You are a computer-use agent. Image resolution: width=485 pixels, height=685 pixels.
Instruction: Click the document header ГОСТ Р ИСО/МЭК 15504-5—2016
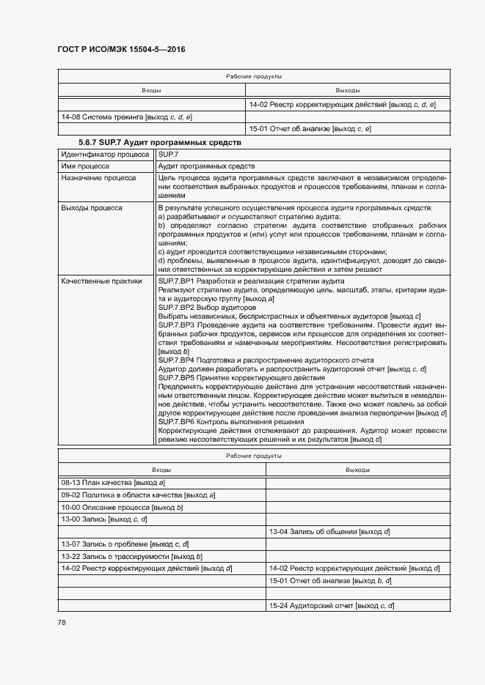coord(121,49)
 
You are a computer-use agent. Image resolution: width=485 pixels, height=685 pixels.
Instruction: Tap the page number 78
coord(62,623)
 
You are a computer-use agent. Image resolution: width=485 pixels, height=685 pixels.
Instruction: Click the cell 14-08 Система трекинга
coord(127,117)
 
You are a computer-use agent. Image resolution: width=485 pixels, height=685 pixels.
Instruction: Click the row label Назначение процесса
coord(98,178)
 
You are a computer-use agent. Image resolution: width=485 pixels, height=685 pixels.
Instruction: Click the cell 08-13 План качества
coord(113,483)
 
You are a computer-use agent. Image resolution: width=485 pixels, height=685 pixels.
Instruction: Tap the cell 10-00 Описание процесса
coord(122,507)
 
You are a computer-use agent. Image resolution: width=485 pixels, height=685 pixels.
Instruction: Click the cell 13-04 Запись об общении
coord(329,531)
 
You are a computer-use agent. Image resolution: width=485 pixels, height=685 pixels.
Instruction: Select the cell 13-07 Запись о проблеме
coord(125,544)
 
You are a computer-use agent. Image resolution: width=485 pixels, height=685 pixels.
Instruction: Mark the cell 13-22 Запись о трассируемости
coord(131,556)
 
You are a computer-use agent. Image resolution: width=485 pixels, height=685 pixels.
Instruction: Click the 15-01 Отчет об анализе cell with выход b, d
coord(330,581)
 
